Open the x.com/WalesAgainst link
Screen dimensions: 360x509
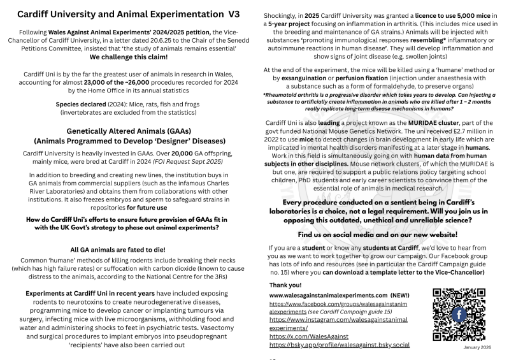click(x=305, y=336)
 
